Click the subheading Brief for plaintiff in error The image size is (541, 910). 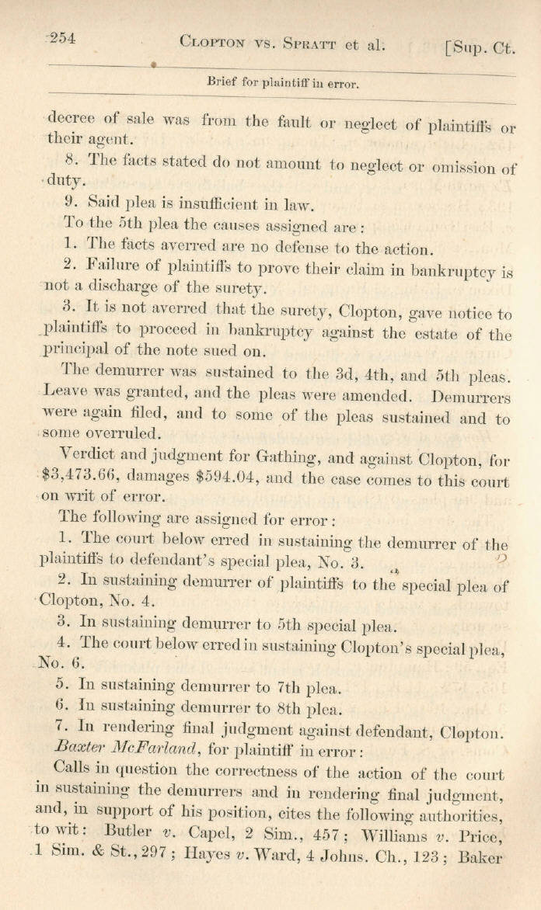[x=282, y=82]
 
